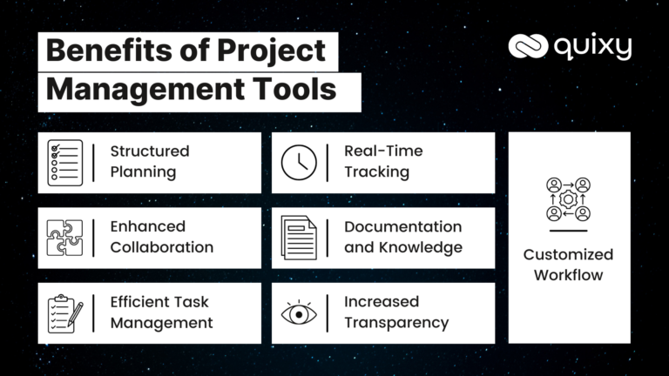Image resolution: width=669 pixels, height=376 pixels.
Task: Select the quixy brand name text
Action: (x=591, y=47)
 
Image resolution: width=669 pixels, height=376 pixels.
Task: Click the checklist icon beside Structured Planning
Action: (x=65, y=162)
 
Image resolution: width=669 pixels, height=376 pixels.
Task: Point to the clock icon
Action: (x=299, y=162)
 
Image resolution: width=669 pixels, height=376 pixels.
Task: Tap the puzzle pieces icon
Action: (x=65, y=238)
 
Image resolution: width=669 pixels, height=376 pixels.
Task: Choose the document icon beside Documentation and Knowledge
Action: (x=299, y=238)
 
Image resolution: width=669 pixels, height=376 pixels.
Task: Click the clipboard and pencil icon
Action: (x=65, y=312)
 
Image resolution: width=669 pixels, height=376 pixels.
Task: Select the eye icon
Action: (x=299, y=312)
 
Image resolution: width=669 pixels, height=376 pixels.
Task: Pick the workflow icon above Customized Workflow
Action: (x=568, y=199)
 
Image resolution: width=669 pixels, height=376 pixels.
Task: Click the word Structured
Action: (x=149, y=151)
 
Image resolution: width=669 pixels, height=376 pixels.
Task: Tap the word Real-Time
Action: (x=383, y=151)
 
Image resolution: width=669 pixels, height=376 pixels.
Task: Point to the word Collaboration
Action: (x=161, y=247)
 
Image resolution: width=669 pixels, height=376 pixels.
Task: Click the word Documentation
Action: (x=402, y=227)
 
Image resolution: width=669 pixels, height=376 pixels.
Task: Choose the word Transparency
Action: (x=396, y=323)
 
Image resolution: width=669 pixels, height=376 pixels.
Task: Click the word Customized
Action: (x=568, y=255)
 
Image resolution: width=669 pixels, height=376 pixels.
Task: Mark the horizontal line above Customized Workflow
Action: (x=568, y=232)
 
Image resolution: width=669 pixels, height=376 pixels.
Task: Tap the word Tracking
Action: (x=376, y=171)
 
